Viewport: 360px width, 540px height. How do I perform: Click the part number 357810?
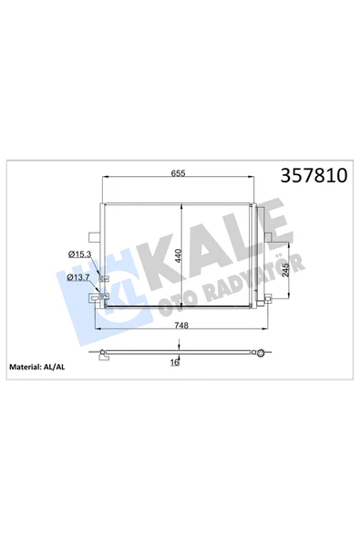click(x=314, y=175)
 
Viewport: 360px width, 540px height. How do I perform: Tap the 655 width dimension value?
click(x=178, y=173)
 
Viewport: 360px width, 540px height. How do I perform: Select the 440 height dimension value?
click(x=179, y=256)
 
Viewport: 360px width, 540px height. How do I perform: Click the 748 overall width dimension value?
click(x=181, y=325)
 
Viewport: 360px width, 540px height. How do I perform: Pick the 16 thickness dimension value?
click(x=175, y=363)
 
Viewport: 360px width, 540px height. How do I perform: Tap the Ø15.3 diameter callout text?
click(x=79, y=254)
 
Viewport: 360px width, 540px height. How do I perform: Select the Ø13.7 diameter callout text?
click(x=78, y=277)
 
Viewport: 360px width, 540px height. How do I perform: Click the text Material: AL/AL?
click(x=36, y=367)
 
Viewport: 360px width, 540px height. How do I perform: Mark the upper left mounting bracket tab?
click(x=94, y=237)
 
